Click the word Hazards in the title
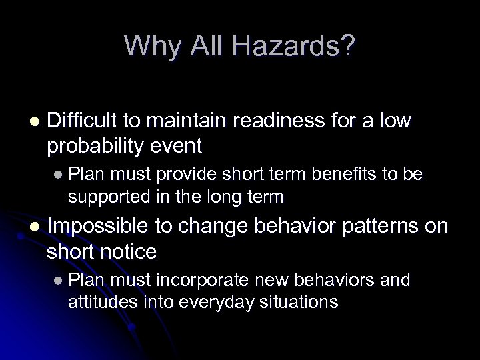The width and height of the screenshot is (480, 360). pos(297,45)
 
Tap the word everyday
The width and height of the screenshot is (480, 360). pos(199,301)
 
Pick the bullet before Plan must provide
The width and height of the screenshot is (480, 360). pos(59,175)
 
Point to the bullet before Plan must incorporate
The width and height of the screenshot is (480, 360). pos(59,281)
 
